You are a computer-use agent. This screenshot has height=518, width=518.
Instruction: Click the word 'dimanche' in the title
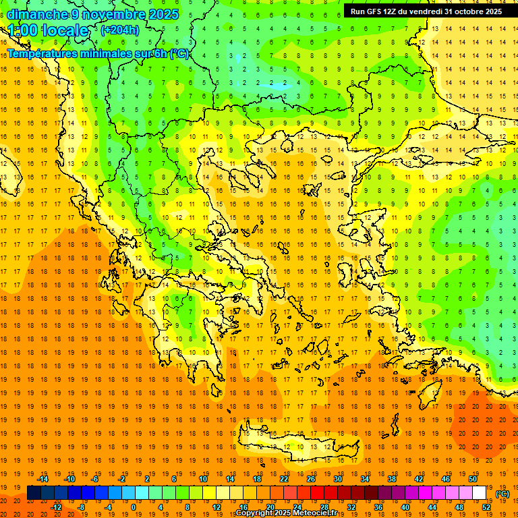tap(36, 14)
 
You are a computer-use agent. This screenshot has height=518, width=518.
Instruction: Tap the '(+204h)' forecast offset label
tap(120, 30)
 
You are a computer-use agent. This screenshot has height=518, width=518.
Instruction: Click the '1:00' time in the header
tap(23, 30)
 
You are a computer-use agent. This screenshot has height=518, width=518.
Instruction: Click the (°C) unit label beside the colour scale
tap(502, 494)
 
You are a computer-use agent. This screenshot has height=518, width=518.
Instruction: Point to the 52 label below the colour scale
tap(486, 507)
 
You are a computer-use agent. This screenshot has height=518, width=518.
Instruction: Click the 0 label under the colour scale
tap(134, 507)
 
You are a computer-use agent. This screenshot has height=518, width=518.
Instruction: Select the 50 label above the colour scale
tap(473, 479)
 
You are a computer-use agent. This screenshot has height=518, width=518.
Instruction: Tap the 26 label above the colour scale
tap(311, 479)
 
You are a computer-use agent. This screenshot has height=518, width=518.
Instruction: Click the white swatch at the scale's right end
tap(480, 493)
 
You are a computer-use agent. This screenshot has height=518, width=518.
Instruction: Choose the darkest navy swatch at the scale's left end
tap(34, 493)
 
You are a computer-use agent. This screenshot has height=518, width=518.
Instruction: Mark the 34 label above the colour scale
tap(365, 479)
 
